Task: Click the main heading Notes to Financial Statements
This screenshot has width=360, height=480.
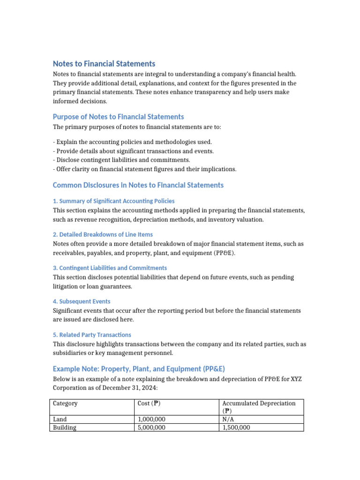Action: [104, 64]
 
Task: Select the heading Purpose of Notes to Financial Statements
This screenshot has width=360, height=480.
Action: [118, 117]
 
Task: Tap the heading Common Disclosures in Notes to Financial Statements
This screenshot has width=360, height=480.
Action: [138, 185]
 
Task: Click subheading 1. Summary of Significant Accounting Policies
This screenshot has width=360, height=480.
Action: [114, 201]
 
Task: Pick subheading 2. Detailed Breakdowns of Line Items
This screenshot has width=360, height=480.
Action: [103, 234]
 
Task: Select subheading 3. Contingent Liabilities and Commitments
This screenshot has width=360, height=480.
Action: [110, 268]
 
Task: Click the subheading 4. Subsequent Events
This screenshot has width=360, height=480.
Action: [82, 301]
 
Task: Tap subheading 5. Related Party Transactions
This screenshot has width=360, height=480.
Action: [92, 335]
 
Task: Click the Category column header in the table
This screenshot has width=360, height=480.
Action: [65, 404]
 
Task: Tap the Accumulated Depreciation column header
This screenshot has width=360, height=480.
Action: [259, 404]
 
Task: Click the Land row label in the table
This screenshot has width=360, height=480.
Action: [60, 419]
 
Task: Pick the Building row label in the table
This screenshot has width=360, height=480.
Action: [64, 427]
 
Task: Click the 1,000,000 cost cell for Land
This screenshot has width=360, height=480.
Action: [151, 419]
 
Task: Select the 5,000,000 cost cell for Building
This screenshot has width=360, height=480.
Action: [151, 427]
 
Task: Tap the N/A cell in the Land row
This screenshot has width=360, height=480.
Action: [228, 419]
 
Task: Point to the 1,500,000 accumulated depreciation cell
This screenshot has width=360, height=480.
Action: [236, 427]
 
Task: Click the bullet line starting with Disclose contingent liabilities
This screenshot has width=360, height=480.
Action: [121, 160]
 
